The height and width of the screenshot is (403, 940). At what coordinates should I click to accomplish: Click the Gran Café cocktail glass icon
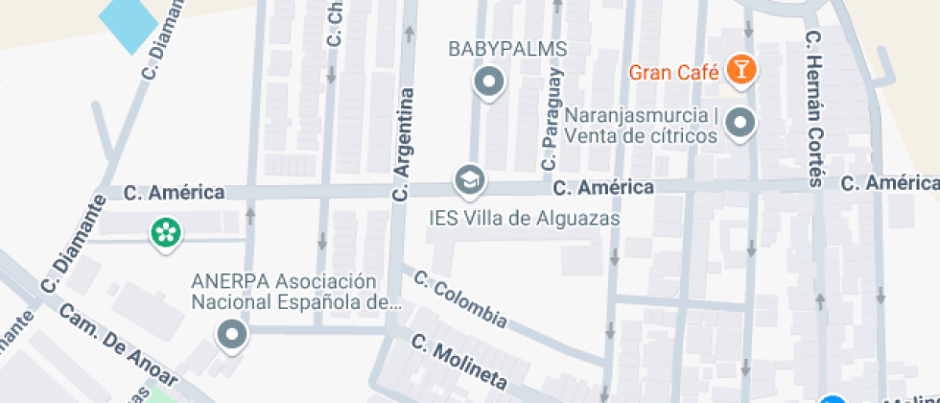pos(741,69)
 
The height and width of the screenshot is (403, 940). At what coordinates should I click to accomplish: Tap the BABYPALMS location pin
pos(489,83)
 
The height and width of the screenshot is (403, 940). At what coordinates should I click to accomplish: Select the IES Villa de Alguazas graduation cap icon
pos(469,179)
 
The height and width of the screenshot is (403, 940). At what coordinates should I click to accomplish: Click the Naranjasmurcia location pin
pos(740,122)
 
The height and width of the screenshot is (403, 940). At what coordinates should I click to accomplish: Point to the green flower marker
pos(166,231)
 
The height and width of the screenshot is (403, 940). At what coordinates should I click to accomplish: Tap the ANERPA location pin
pos(232,336)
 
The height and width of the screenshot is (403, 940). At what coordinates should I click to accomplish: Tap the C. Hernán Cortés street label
pos(815,106)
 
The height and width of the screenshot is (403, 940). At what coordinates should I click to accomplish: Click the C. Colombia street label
pos(459,297)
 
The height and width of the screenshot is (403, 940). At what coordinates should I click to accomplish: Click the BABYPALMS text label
pos(508,49)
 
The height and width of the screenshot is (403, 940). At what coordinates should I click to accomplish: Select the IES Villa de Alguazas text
pos(524,218)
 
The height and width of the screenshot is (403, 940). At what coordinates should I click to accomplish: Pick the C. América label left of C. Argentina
pos(175,193)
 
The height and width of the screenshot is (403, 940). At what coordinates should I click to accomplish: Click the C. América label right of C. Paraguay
pos(603,187)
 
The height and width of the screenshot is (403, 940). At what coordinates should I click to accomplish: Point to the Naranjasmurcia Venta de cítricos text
pos(642,126)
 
